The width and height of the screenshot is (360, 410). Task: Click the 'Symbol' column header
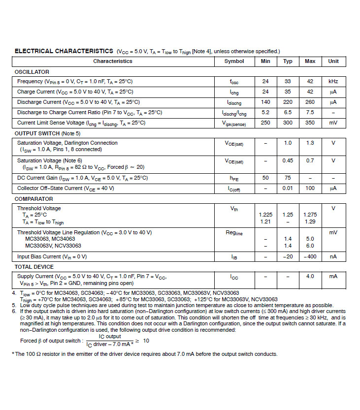click(234, 62)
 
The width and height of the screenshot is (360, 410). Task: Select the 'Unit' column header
click(333, 62)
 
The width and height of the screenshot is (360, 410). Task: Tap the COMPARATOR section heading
click(34, 199)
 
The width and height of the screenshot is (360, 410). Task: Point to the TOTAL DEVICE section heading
click(34, 267)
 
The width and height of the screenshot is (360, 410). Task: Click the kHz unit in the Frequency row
click(333, 81)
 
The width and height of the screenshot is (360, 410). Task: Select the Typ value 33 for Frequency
click(288, 81)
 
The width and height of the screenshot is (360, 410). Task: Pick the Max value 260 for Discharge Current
click(310, 102)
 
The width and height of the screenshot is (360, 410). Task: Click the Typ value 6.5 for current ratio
click(288, 112)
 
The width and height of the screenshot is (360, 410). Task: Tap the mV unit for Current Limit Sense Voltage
click(333, 123)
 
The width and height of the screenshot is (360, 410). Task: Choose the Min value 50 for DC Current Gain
click(265, 178)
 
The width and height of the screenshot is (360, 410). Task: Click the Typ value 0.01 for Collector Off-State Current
click(288, 188)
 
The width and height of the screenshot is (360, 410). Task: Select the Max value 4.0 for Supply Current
click(310, 277)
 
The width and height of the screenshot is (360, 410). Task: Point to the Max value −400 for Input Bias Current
click(310, 256)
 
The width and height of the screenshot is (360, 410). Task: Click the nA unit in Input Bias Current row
click(333, 256)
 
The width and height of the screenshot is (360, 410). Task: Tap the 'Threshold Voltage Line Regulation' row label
click(84, 232)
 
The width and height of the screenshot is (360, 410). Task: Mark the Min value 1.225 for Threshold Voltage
click(265, 215)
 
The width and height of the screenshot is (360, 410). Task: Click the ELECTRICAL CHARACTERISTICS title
click(64, 51)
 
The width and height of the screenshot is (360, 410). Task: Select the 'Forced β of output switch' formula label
click(51, 341)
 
